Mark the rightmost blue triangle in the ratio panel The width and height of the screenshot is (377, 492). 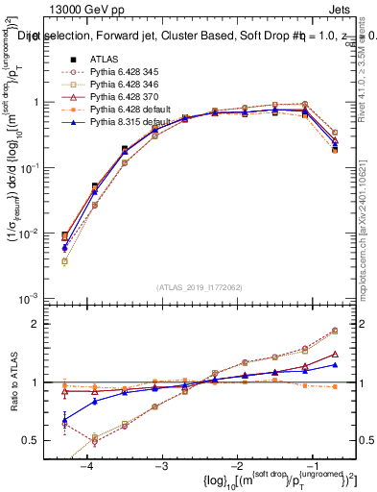(x=335, y=365)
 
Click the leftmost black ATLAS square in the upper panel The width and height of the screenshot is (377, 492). (x=64, y=234)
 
